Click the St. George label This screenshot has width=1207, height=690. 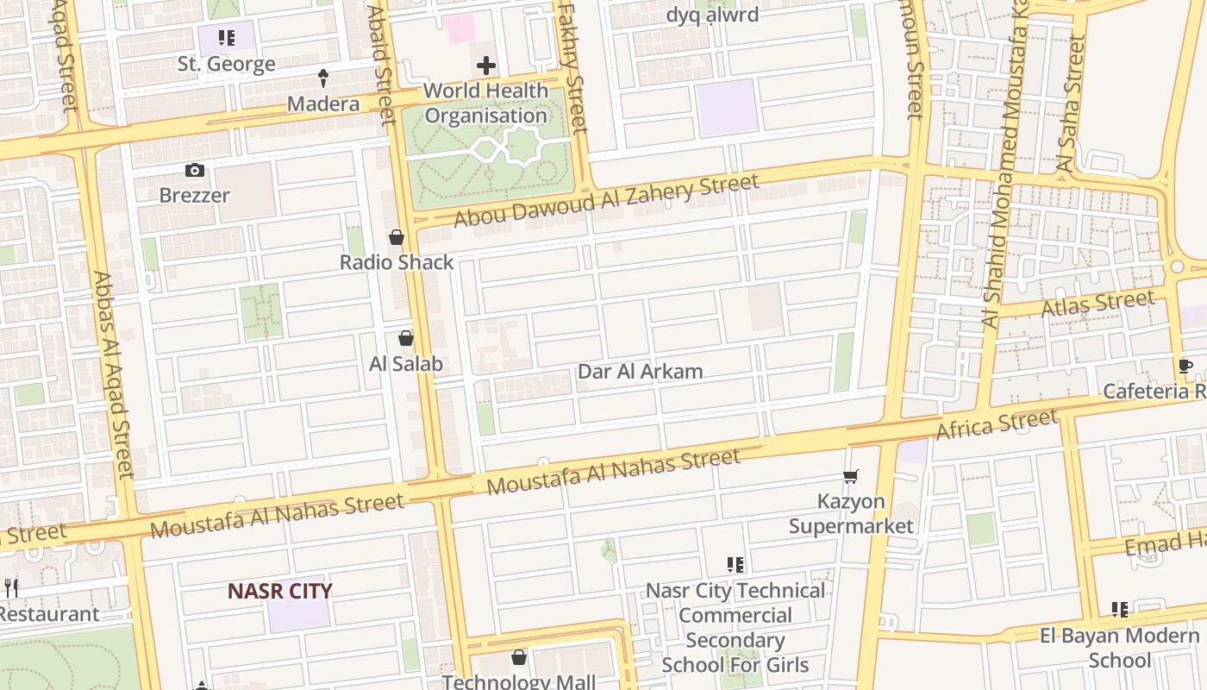[x=227, y=64]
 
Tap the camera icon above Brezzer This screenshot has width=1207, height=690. [x=195, y=171]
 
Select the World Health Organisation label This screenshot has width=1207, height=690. [x=486, y=103]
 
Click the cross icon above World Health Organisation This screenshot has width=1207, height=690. [x=486, y=66]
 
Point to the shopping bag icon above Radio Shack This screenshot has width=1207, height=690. [x=397, y=237]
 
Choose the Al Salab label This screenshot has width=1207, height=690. [x=406, y=364]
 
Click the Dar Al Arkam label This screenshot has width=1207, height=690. [x=641, y=372]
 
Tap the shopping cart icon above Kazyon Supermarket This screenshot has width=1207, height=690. [x=851, y=476]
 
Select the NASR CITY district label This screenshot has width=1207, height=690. [x=279, y=591]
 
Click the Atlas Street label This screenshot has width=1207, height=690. [x=1098, y=304]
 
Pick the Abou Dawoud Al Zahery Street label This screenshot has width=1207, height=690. [x=606, y=201]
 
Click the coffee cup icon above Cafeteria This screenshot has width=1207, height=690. [x=1185, y=367]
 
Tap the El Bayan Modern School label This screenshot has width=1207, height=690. [x=1119, y=649]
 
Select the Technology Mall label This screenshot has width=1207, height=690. [x=519, y=681]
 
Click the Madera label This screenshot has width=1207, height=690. [x=323, y=104]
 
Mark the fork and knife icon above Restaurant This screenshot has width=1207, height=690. [x=11, y=588]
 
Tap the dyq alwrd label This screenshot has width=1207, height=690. [x=712, y=15]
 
